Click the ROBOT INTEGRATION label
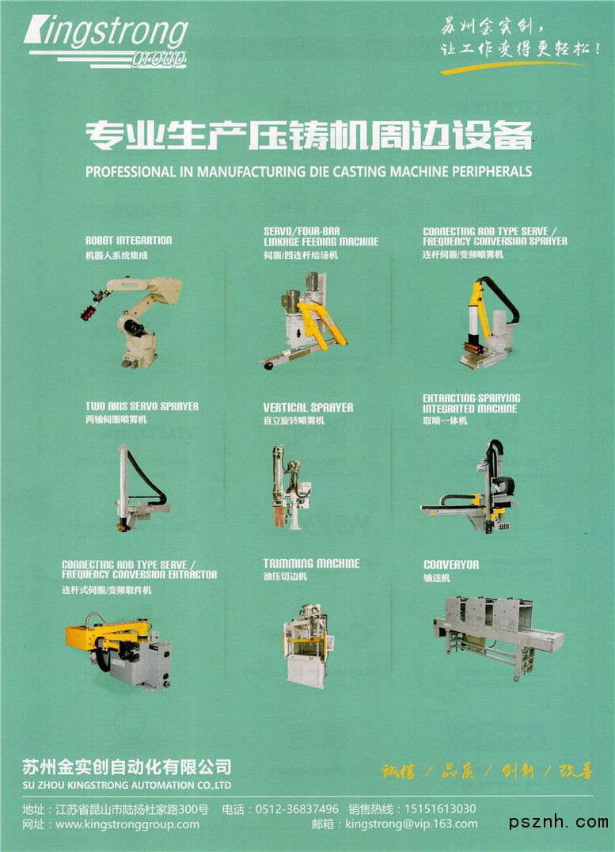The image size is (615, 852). click(129, 241)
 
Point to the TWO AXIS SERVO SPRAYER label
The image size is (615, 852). click(142, 406)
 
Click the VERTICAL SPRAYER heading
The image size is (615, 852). click(308, 408)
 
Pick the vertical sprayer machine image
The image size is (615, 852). click(290, 487)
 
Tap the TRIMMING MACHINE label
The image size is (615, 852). click(311, 564)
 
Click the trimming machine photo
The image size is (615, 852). click(306, 645)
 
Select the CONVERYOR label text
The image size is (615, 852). click(451, 565)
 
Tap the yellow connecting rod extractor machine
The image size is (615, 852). click(119, 651)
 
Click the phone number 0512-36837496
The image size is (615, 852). click(297, 809)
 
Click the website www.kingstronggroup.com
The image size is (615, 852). click(127, 824)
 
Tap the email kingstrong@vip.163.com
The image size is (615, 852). click(412, 824)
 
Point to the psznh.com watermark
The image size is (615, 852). click(558, 822)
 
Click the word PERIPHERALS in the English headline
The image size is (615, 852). click(492, 172)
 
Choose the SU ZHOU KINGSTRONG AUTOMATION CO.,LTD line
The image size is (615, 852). click(127, 785)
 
